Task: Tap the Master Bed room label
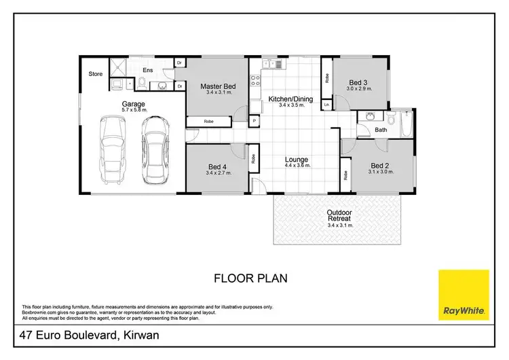218,87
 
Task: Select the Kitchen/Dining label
290,99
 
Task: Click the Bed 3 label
357,82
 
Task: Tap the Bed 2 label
379,165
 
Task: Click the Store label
96,73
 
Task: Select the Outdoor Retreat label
339,215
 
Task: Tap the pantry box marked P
254,121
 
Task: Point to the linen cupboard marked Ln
327,105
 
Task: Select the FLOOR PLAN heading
251,278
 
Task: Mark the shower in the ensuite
120,66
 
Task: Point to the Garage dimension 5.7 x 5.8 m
134,110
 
